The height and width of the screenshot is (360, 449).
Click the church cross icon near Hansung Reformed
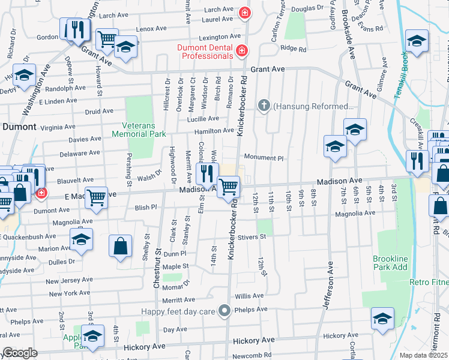(x=263, y=106)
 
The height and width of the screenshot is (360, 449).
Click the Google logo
(x=20, y=353)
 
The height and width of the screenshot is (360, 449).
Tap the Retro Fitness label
(x=429, y=281)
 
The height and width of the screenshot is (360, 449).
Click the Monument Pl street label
(x=263, y=157)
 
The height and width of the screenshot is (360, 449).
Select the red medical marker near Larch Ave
(x=245, y=12)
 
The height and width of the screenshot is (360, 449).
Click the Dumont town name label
(x=20, y=127)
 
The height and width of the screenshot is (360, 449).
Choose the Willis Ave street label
(x=249, y=296)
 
